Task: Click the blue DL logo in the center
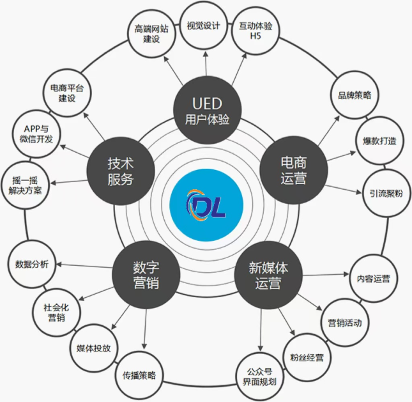206,205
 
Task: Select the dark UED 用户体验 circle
207,111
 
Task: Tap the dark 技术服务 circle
121,171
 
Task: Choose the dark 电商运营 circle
294,170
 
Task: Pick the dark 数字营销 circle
146,275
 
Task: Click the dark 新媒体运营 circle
268,275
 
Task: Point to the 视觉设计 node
204,26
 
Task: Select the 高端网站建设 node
151,34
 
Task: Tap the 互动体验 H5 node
256,31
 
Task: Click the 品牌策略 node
355,95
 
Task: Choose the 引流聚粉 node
386,194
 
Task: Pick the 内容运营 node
374,279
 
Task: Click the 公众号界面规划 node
260,377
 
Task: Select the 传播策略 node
139,375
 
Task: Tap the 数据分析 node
32,264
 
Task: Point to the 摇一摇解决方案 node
26,185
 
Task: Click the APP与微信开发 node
36,134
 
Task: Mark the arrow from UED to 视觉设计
206,64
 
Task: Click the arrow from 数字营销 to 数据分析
84,266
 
